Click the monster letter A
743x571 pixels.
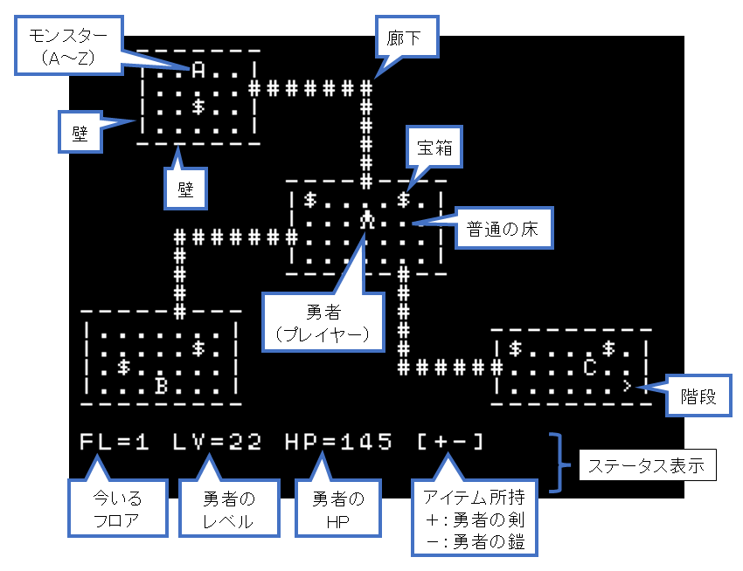point(198,71)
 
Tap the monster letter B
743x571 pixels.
point(161,386)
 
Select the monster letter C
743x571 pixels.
point(590,368)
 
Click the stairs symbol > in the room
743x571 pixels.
point(628,386)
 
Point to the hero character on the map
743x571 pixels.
point(367,219)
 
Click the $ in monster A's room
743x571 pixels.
point(198,107)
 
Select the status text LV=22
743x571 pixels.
point(217,442)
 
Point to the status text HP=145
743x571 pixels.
point(339,442)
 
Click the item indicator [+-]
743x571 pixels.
point(450,442)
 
